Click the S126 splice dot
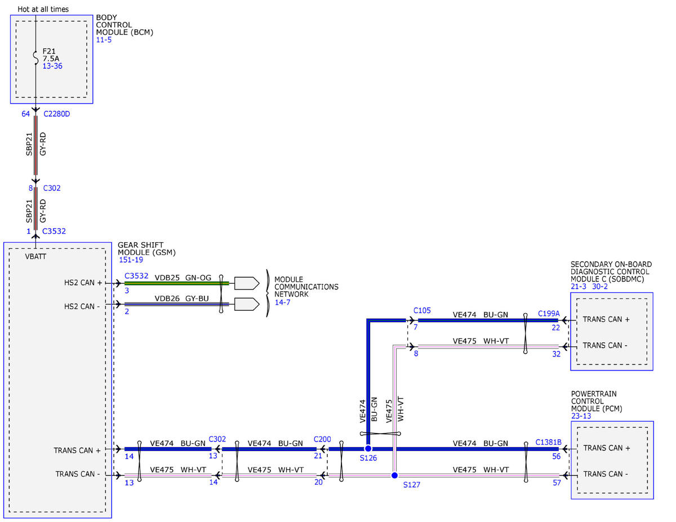click(x=368, y=448)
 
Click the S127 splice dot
click(x=394, y=475)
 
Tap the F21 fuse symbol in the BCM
click(x=35, y=58)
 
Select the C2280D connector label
click(x=57, y=114)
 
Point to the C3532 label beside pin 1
click(x=54, y=231)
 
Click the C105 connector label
click(x=422, y=310)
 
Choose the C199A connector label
click(x=549, y=314)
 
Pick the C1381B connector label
click(x=549, y=442)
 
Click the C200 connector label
click(x=322, y=439)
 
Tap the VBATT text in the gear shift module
click(x=35, y=256)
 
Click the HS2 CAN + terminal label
click(x=83, y=283)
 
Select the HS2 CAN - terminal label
click(x=82, y=306)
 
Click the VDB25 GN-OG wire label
click(x=183, y=277)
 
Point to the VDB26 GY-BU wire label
click(x=182, y=298)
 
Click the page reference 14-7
click(x=282, y=302)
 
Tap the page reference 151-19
click(x=131, y=260)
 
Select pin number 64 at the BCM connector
click(x=25, y=114)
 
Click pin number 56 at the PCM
click(x=556, y=457)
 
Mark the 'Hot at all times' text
click(x=43, y=10)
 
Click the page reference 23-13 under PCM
click(x=581, y=416)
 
